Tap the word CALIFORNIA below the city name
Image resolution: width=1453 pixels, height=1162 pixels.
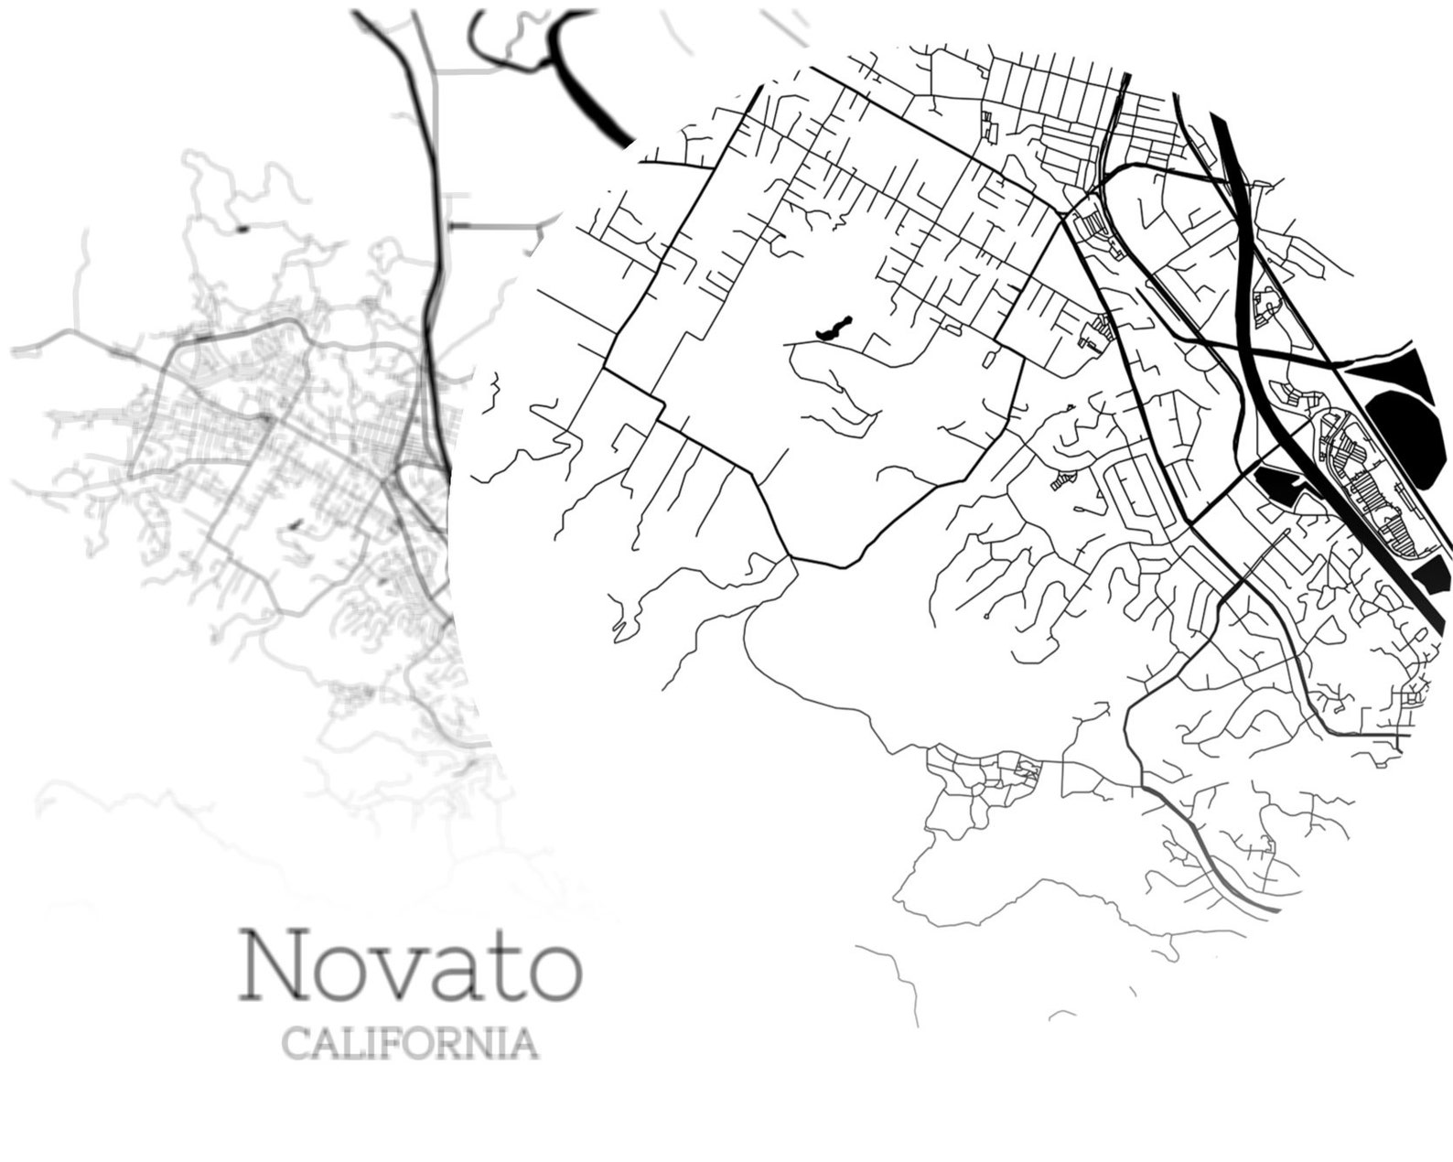pos(409,1043)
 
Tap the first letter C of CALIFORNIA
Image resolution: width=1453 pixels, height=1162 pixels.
pos(295,1043)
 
